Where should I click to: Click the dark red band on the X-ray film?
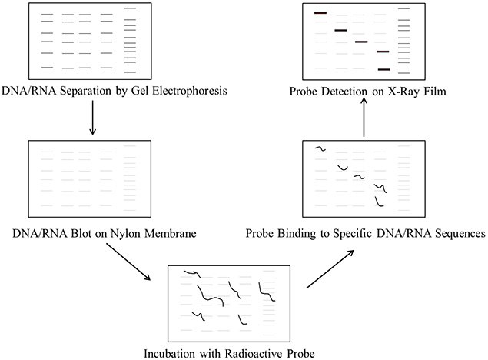pos(320,13)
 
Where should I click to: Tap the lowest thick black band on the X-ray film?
pos(383,69)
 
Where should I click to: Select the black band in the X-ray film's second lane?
pos(341,31)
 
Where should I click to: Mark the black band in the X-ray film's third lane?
pos(362,42)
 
